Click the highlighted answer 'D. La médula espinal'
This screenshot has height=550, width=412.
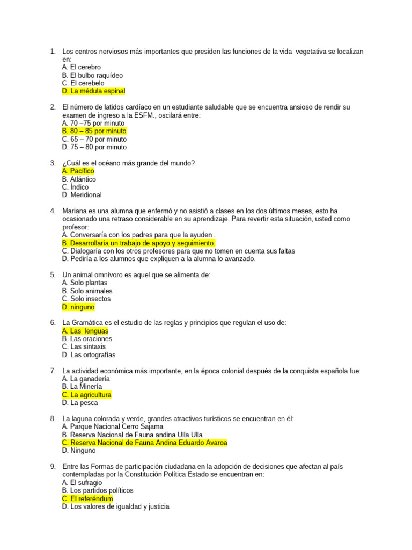(93, 91)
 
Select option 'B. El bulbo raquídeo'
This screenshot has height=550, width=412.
(92, 75)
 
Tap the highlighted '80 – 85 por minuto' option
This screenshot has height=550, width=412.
(94, 131)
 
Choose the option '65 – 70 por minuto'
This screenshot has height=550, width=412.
(94, 139)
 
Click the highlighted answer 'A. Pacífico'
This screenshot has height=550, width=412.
(78, 171)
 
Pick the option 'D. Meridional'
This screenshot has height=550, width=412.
(82, 195)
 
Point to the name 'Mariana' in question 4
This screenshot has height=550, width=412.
(75, 211)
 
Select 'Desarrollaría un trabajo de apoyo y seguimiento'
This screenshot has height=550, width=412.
(138, 243)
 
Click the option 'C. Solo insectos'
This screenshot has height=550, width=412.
(86, 299)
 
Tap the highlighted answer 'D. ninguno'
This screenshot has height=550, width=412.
(78, 307)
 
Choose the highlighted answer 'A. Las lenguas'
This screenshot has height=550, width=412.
(85, 331)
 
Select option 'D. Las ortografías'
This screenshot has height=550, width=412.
(89, 354)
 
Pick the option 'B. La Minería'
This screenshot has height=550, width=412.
(82, 386)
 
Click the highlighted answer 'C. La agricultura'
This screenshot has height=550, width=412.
(86, 395)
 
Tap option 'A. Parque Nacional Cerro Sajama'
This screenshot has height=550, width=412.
(113, 426)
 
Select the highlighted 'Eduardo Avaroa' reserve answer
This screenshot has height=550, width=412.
(144, 443)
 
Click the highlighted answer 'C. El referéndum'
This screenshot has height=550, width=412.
(87, 498)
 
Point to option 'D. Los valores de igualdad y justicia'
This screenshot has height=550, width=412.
(115, 506)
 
